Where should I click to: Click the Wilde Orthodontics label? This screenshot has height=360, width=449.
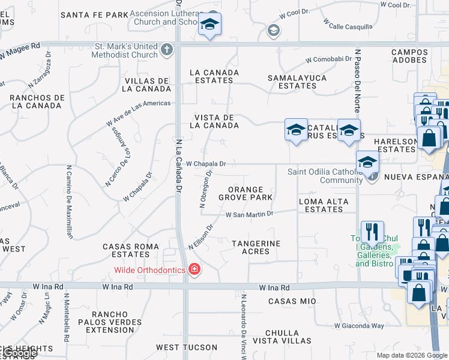pyautogui.click(x=150, y=270)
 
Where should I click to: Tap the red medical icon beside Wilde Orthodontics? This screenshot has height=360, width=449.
pyautogui.click(x=194, y=270)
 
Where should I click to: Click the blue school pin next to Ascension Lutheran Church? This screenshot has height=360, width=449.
pyautogui.click(x=209, y=25)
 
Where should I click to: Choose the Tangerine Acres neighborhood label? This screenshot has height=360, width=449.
pyautogui.click(x=256, y=247)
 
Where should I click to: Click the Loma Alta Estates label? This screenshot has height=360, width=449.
pyautogui.click(x=324, y=205)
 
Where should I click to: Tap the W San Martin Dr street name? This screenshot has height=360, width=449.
pyautogui.click(x=249, y=214)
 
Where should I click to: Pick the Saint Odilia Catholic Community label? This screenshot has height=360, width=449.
pyautogui.click(x=324, y=176)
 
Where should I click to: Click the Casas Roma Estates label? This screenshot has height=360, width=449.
pyautogui.click(x=131, y=251)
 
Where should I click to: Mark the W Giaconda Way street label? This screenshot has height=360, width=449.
pyautogui.click(x=360, y=326)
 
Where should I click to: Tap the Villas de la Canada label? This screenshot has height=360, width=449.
pyautogui.click(x=147, y=85)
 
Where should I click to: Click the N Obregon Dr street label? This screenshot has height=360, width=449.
pyautogui.click(x=206, y=188)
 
